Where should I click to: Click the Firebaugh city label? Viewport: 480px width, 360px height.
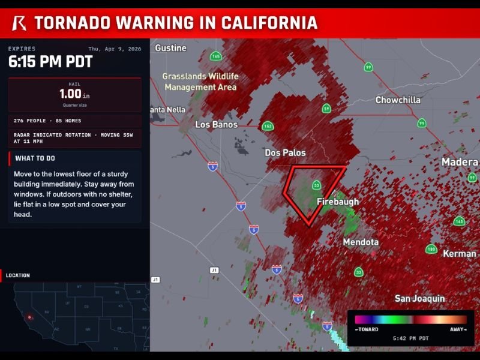[x=337, y=202]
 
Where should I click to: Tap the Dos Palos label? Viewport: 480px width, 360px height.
[x=285, y=152]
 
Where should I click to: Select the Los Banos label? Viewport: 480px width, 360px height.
[x=216, y=125]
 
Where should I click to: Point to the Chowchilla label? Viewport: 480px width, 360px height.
[x=398, y=100]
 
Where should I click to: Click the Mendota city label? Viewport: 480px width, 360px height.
[x=361, y=242]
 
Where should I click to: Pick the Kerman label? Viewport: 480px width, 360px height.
[x=459, y=254]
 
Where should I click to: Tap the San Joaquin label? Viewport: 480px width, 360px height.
[x=419, y=298]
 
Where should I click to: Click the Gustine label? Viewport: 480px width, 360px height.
[x=171, y=48]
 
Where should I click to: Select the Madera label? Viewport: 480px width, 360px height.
[x=460, y=162]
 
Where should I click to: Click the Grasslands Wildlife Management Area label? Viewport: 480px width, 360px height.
[x=200, y=82]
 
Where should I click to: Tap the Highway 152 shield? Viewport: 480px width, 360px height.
[x=268, y=126]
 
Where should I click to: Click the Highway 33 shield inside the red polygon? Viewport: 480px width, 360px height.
[x=316, y=185]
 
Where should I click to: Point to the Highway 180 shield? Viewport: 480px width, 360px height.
[x=431, y=249]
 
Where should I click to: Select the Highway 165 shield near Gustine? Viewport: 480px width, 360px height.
[x=216, y=56]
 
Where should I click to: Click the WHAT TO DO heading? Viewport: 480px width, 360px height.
[x=35, y=158]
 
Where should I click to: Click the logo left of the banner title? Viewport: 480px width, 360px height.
[x=19, y=23]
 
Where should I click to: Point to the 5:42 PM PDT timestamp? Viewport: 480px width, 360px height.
[x=410, y=338]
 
